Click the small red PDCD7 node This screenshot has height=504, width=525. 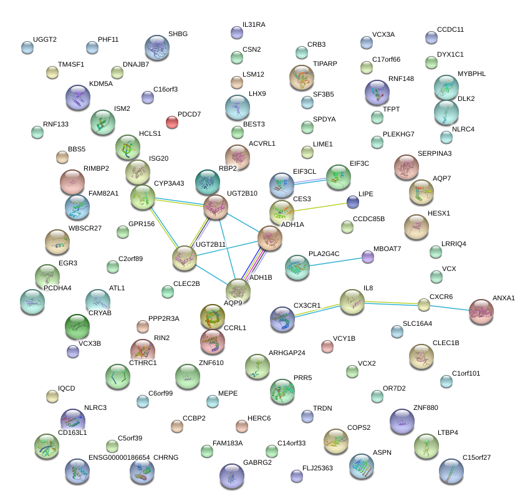tap(172, 121)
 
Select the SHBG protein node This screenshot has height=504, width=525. tap(157, 47)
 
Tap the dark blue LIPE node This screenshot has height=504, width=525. tap(353, 202)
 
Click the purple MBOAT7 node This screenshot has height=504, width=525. tap(368, 256)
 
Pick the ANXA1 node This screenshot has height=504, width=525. tap(481, 311)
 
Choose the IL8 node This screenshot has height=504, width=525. tap(352, 302)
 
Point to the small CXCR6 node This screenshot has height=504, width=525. tap(424, 305)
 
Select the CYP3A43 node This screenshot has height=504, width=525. tap(143, 197)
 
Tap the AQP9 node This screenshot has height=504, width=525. tap(238, 290)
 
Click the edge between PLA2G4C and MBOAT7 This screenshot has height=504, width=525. tap(334, 261)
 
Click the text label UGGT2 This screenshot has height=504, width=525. tap(45, 40)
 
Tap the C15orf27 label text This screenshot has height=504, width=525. tap(476, 458)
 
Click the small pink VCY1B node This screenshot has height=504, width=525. tap(327, 346)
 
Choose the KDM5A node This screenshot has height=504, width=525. tap(78, 97)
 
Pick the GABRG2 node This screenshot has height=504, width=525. tap(231, 476)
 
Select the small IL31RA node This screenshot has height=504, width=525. tap(236, 32)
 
